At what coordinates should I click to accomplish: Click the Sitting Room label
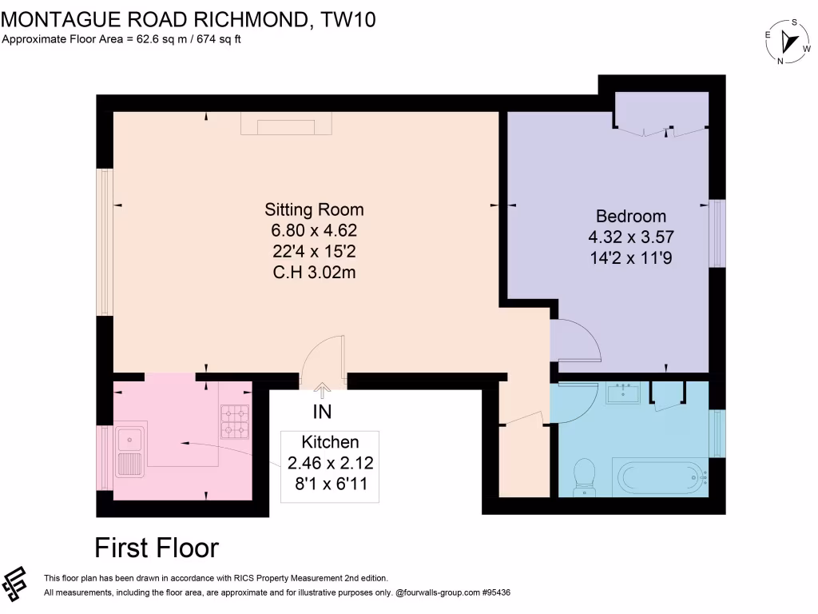[x=314, y=210]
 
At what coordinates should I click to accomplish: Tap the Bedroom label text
[x=631, y=216]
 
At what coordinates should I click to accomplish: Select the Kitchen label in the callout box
[x=330, y=442]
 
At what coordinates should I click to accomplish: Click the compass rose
[x=788, y=42]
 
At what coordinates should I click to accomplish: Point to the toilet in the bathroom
[x=584, y=477]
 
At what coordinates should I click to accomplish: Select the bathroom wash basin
[x=623, y=393]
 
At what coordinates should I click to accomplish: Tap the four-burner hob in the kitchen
[x=235, y=422]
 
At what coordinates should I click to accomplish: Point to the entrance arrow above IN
[x=322, y=391]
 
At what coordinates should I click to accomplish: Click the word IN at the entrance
[x=323, y=412]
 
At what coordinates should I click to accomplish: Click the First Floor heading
[x=157, y=548]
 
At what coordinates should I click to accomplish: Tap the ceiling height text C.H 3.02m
[x=314, y=273]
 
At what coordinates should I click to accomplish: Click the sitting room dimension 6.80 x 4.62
[x=314, y=230]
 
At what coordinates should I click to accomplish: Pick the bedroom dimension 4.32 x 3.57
[x=631, y=237]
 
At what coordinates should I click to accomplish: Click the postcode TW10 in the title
[x=348, y=20]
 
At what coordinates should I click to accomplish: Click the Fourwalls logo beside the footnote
[x=14, y=584]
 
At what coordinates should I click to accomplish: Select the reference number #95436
[x=496, y=592]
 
